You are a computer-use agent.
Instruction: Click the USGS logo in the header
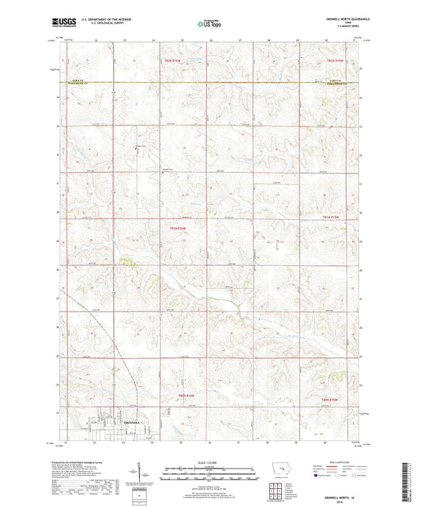(x=62, y=23)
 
